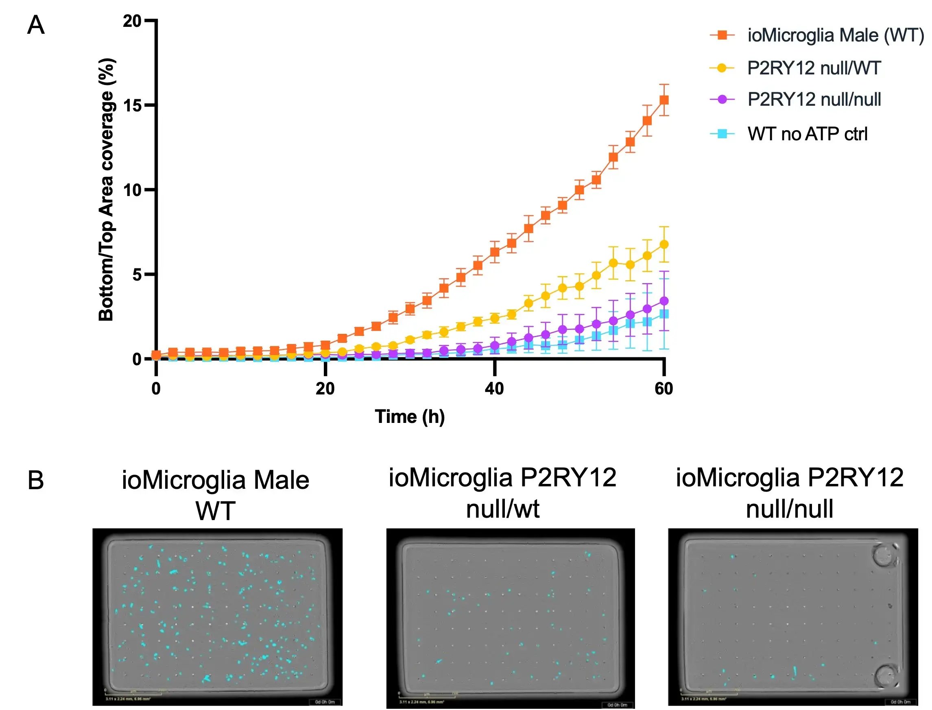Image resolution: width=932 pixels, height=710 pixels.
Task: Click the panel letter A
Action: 35,25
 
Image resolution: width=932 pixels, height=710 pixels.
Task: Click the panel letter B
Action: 35,481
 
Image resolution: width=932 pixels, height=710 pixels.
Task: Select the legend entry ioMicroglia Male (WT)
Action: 835,35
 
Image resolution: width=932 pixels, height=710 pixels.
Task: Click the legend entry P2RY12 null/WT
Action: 814,68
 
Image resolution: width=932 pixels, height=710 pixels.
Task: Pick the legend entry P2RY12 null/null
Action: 814,100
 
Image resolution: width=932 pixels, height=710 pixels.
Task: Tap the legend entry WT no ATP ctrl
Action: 807,134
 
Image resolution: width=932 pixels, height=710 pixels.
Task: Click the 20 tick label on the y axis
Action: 133,21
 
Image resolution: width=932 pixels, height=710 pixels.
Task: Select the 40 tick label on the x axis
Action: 494,389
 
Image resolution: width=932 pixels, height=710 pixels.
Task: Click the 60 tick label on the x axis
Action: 664,389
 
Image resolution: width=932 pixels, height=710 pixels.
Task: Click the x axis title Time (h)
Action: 410,417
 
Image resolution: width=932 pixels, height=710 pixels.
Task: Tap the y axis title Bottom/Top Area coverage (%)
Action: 107,190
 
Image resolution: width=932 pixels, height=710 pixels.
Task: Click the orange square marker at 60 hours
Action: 664,100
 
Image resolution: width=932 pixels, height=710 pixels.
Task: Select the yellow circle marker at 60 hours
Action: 664,244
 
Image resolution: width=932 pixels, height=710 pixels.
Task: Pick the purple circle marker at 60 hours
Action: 664,301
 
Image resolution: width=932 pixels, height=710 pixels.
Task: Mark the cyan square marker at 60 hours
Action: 664,314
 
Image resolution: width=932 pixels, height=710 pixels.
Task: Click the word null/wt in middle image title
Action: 502,509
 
